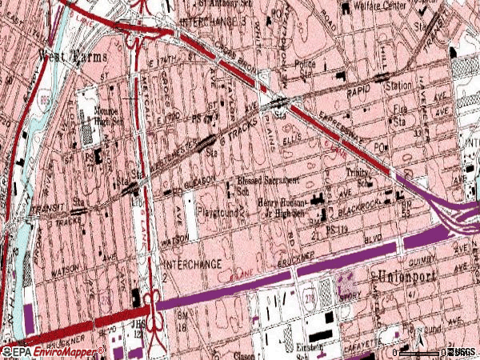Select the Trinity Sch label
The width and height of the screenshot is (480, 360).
pyautogui.click(x=359, y=177)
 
